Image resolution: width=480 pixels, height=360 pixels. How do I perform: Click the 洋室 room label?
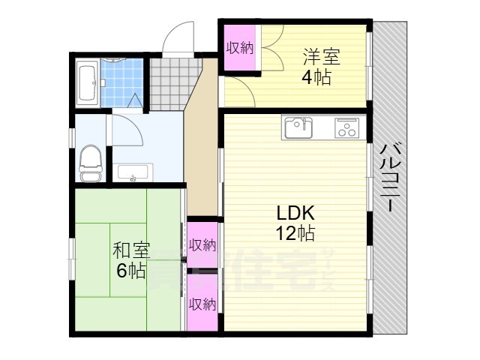click(x=322, y=55)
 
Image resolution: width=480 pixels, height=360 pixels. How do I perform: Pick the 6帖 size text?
click(x=132, y=271)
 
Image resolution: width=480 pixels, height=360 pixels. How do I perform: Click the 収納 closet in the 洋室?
click(x=240, y=48)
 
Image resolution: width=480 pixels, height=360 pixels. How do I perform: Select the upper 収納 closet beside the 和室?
click(x=202, y=244)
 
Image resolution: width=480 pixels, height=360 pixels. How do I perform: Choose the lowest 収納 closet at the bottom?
click(x=202, y=304)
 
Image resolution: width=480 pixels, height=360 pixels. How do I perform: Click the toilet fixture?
click(x=90, y=162)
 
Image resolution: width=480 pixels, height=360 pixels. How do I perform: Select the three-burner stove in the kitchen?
click(x=346, y=127)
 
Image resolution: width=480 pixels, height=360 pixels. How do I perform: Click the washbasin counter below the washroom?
click(x=134, y=172)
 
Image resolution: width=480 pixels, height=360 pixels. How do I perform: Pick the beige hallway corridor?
click(x=200, y=150)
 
